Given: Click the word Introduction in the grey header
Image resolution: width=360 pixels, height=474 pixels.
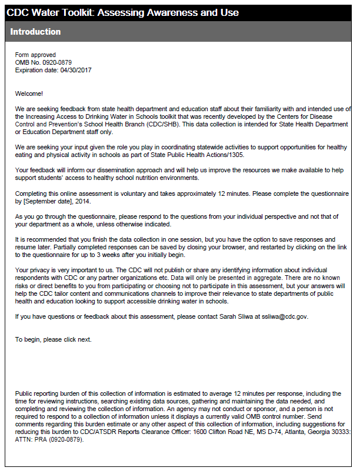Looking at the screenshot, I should [x=35, y=32].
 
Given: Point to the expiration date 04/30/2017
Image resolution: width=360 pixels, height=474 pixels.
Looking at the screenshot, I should [x=76, y=71].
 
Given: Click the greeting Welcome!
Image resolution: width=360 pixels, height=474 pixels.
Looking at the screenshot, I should [x=29, y=94].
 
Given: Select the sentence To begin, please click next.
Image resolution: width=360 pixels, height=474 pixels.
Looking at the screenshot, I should [x=53, y=339].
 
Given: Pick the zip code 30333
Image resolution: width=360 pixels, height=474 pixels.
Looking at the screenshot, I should [x=339, y=432].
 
